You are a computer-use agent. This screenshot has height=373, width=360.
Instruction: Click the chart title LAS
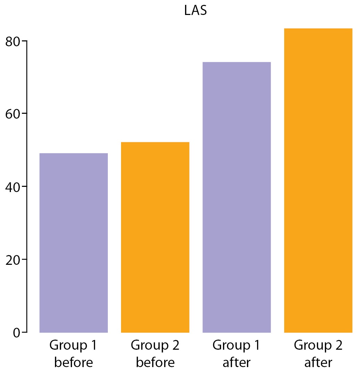(x=195, y=10)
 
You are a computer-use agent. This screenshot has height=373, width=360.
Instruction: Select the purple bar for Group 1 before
(x=74, y=243)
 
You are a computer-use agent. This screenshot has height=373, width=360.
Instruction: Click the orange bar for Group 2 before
(x=155, y=237)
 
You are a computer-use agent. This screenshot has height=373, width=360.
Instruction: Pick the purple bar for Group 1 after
(x=237, y=197)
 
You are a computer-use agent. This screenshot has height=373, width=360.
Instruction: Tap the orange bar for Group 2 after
(x=318, y=180)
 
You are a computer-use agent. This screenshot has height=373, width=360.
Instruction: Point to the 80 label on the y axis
(x=13, y=42)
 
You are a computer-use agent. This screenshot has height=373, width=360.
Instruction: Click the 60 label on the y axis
(x=13, y=114)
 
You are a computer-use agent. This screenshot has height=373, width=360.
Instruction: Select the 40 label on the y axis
(x=13, y=188)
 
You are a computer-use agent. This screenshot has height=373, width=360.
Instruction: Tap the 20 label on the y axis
(x=13, y=260)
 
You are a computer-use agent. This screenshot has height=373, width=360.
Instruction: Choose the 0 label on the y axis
(x=16, y=333)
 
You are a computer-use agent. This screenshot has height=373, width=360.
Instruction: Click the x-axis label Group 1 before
(x=73, y=354)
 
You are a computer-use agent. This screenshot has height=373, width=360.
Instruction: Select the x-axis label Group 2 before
(x=155, y=354)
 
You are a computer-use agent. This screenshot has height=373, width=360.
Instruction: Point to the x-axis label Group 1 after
(x=237, y=354)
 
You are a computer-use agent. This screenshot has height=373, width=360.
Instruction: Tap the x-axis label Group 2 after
(x=318, y=354)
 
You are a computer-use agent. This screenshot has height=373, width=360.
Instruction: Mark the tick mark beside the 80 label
(x=24, y=41)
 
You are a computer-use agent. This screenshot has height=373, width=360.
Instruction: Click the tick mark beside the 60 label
(x=24, y=113)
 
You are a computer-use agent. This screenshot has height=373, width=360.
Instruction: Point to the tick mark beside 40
(x=24, y=186)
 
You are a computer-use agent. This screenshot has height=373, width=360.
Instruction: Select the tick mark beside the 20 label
(x=24, y=259)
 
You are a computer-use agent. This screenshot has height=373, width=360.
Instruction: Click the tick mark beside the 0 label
(x=24, y=332)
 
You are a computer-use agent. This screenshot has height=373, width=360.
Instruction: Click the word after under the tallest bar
(x=318, y=363)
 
